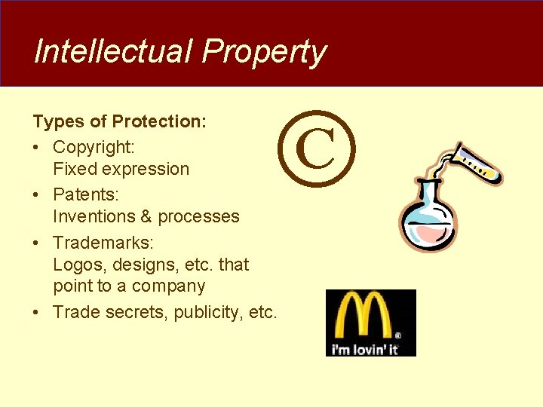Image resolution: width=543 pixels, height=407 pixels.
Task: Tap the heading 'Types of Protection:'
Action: click(120, 121)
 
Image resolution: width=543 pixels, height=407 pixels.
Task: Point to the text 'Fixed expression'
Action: click(121, 169)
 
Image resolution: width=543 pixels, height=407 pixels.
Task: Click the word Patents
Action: click(84, 194)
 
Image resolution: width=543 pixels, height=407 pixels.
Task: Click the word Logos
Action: click(76, 265)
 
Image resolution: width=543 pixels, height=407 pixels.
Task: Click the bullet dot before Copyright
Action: click(37, 146)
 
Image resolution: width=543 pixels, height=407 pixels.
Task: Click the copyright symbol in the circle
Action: click(315, 149)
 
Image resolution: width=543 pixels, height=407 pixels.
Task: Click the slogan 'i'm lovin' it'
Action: click(363, 350)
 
